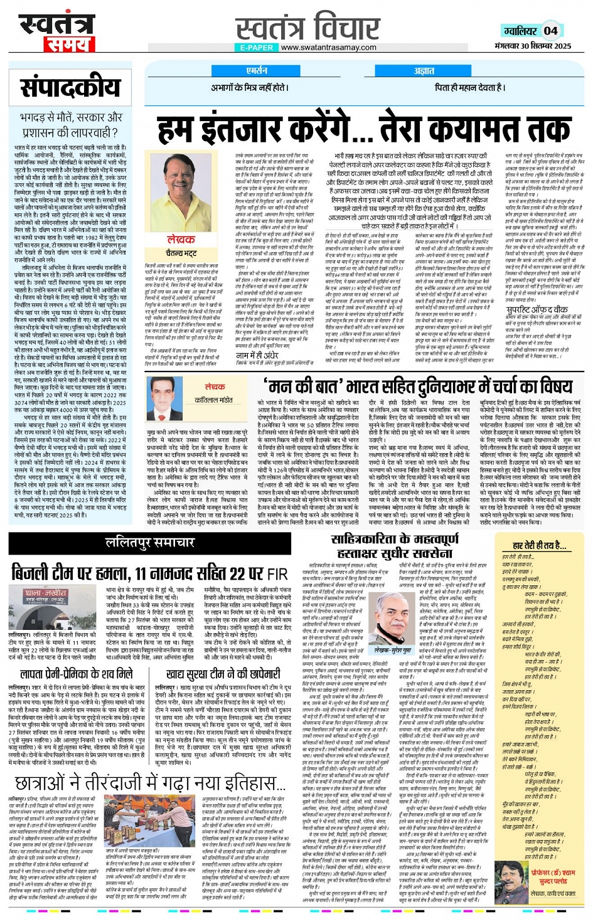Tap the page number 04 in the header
coord(550,31)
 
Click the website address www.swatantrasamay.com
coord(328,48)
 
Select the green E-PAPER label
coord(257,48)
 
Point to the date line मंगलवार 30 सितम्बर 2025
coord(532,46)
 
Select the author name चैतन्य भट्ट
coord(181,253)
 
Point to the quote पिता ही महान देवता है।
coord(469,88)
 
